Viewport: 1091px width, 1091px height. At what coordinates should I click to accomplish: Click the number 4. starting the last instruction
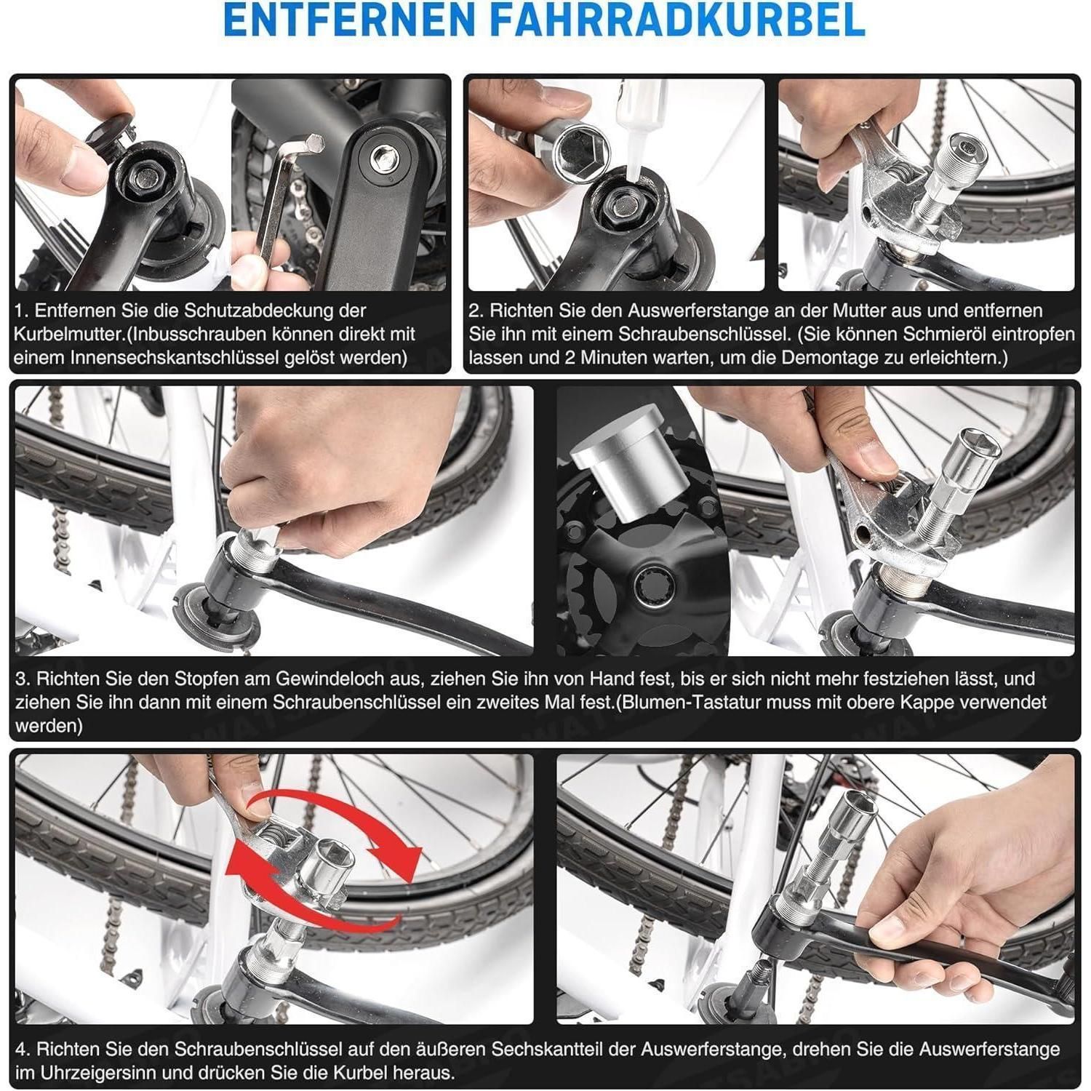23,1050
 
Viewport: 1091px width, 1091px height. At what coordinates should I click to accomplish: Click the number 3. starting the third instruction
23,679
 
